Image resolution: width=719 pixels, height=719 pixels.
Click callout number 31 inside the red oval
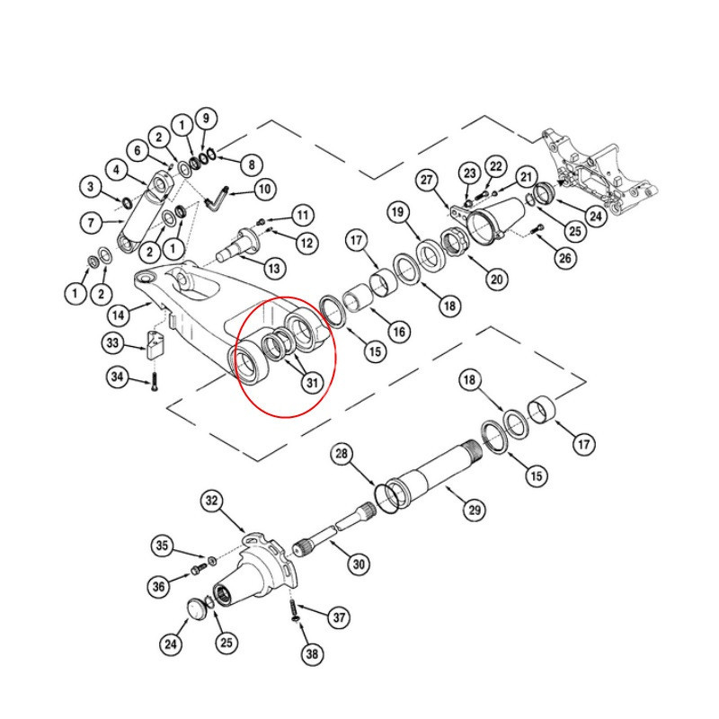311,383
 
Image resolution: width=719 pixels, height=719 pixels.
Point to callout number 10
264,189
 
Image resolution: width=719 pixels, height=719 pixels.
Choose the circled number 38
311,654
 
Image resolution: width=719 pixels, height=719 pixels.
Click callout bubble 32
211,500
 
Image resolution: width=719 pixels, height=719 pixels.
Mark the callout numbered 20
496,279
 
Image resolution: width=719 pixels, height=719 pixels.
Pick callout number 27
426,179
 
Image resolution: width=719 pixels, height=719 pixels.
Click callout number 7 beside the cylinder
90,221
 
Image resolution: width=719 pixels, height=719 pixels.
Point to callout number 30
359,564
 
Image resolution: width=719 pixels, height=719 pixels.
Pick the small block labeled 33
158,342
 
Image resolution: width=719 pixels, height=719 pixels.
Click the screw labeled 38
293,615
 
